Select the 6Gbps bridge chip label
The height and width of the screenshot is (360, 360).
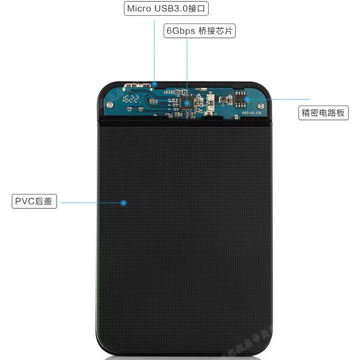point(200,31)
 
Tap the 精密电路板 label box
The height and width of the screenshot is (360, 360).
point(323,113)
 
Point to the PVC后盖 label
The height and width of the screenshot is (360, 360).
point(34,202)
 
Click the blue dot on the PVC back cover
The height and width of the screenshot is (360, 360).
point(123,203)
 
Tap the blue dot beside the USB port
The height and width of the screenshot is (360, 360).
point(155,83)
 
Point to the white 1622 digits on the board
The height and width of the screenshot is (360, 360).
point(131,100)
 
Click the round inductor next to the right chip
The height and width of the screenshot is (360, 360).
point(224,100)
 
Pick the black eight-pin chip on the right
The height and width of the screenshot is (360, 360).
point(240,100)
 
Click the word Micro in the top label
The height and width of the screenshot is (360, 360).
point(138,9)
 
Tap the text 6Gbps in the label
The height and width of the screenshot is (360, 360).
point(180,31)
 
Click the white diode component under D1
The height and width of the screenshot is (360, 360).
point(210,102)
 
